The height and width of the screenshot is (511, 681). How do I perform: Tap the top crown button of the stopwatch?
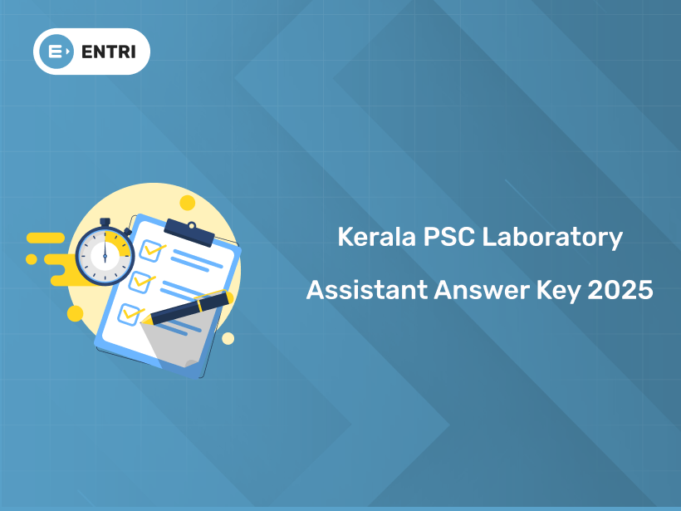pyautogui.click(x=105, y=221)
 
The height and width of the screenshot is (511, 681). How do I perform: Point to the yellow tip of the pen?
pyautogui.click(x=149, y=319)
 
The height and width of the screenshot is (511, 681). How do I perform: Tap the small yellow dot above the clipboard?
pyautogui.click(x=188, y=203)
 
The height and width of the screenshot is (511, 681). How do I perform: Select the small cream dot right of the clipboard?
pyautogui.click(x=228, y=338)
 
